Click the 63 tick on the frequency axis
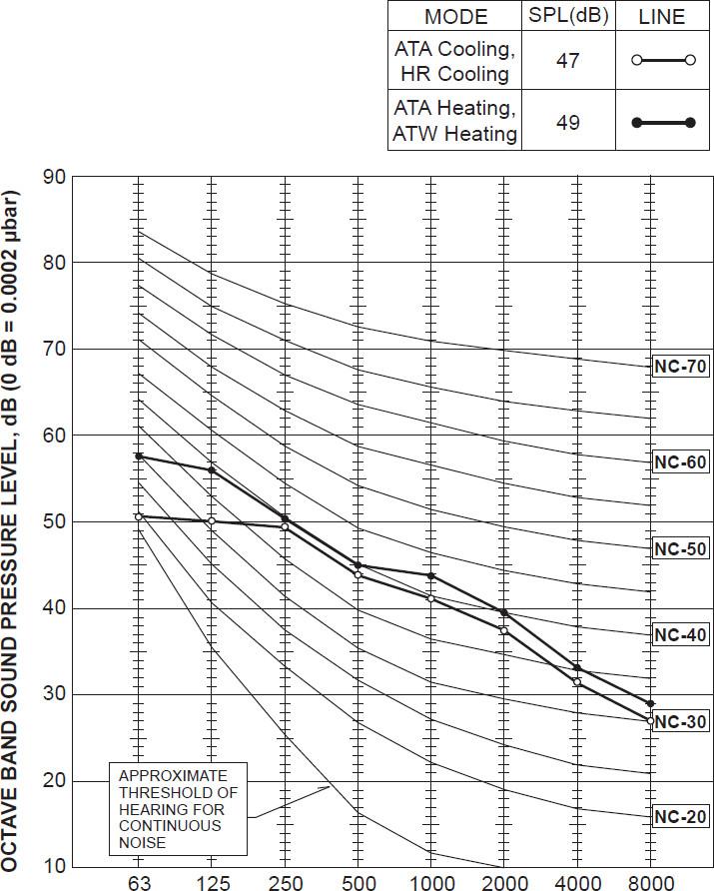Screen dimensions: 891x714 click(x=139, y=882)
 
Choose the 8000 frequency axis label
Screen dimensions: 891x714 click(x=650, y=882)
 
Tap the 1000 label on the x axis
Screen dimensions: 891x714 click(x=430, y=882)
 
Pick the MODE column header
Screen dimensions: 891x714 click(x=456, y=17)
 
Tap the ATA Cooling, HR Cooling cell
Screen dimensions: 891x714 click(x=456, y=61)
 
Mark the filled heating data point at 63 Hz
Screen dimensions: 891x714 click(x=139, y=455)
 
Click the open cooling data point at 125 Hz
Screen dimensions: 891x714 click(x=212, y=521)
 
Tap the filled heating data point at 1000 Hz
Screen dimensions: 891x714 click(x=430, y=576)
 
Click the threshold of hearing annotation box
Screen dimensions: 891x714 click(x=177, y=808)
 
